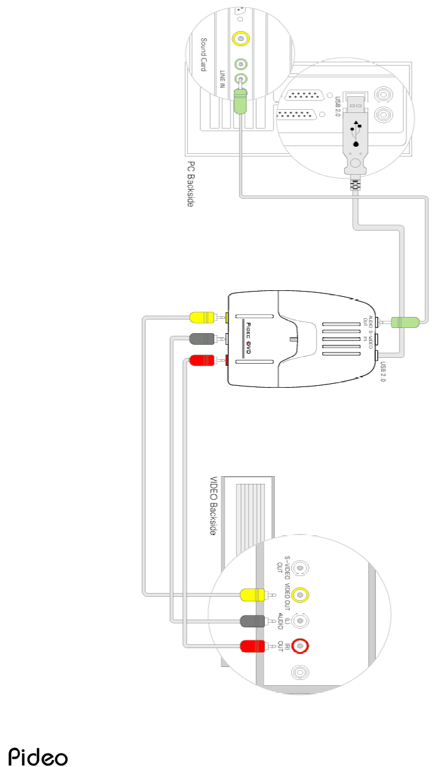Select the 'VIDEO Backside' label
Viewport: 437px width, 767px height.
[x=212, y=507]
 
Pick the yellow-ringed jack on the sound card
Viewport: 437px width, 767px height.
[x=241, y=39]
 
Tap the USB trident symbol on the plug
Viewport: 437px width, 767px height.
[x=355, y=128]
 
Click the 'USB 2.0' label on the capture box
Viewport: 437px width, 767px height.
[x=383, y=371]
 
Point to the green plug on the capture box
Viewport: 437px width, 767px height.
[x=406, y=321]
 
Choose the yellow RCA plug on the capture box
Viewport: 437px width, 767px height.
[x=204, y=318]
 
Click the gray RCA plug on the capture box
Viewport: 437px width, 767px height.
[x=204, y=338]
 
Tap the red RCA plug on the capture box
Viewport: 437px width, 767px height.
[x=204, y=360]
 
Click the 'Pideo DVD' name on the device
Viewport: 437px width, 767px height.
[x=247, y=338]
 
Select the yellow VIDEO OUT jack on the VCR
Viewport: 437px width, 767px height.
[x=300, y=594]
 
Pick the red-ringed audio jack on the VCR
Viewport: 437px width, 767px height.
[x=300, y=646]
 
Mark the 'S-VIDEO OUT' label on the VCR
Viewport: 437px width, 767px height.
[x=284, y=567]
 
